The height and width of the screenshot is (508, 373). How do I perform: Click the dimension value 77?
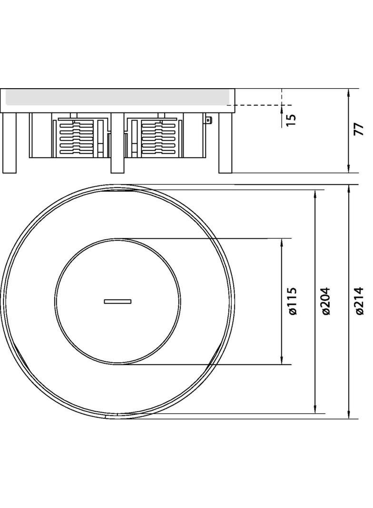coord(358,129)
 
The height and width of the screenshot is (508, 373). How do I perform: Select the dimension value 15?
coord(292,119)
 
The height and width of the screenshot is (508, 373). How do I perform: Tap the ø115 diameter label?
coord(293,301)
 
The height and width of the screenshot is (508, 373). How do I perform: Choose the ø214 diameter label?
coord(360,301)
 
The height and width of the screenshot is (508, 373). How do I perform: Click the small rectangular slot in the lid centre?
coord(118,301)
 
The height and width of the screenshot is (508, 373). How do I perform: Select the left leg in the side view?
coord(10,142)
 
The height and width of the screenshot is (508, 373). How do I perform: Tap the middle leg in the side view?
coord(118,142)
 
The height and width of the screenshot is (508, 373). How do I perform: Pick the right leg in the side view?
coord(225,142)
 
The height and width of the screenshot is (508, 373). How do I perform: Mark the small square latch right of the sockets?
coord(208,120)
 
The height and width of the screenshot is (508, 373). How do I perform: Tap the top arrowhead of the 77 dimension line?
coord(349,92)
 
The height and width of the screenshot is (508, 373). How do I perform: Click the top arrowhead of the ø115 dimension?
coord(282,243)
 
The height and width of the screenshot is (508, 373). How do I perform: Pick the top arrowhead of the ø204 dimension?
coord(315,193)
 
